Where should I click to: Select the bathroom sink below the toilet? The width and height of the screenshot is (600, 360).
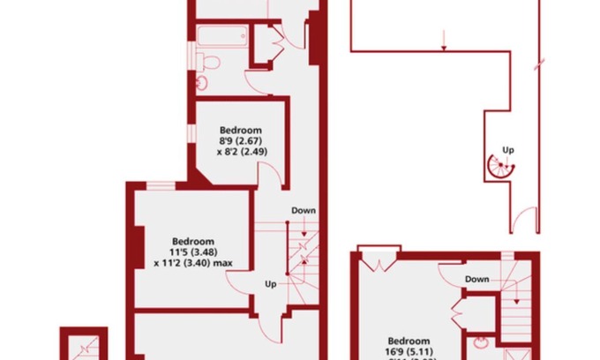203,82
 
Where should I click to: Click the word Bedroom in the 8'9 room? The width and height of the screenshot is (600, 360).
241,129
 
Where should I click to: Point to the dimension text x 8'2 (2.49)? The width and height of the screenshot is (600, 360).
241,151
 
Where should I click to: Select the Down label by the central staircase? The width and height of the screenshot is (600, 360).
303,210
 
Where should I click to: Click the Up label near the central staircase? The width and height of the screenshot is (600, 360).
272,283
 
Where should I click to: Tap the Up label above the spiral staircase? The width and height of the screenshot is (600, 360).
506,149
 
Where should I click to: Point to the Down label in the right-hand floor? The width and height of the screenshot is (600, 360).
476,279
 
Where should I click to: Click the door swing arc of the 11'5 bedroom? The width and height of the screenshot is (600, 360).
241,282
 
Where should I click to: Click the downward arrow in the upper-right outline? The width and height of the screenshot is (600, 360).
444,39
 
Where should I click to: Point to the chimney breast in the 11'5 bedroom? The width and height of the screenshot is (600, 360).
138,248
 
